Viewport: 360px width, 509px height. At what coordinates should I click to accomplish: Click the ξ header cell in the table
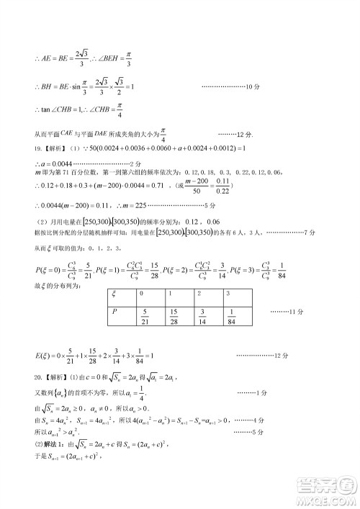point(115,294)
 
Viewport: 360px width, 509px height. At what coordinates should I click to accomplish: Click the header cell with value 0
point(141,294)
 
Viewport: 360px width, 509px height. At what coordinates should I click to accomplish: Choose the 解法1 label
point(52,461)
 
